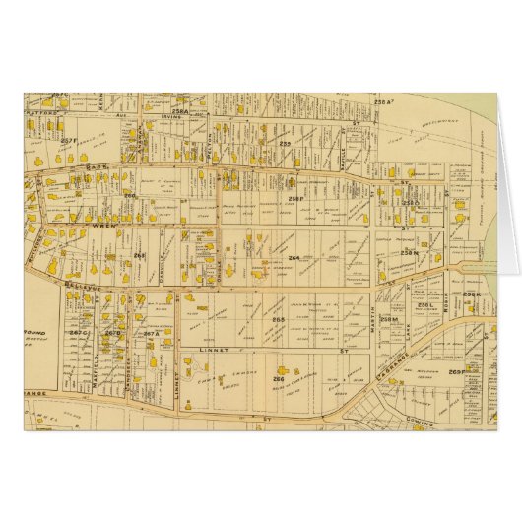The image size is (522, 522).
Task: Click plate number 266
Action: [279, 379]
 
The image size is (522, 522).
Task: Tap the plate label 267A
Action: [151, 334]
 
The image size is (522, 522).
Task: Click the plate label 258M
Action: [389, 319]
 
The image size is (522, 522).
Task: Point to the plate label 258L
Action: [425, 305]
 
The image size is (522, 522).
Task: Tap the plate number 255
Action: [285, 144]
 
